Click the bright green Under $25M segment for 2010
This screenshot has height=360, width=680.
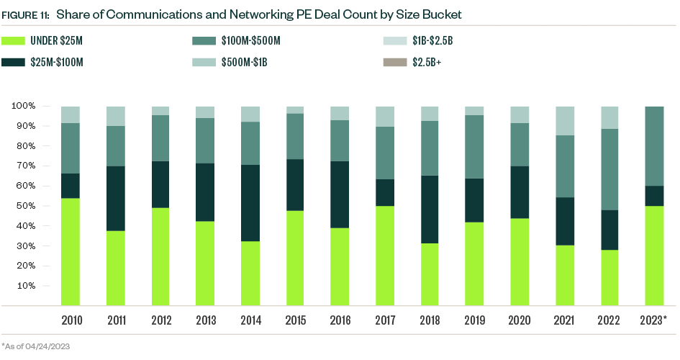tap(70, 251)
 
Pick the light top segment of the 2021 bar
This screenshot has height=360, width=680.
tap(563, 121)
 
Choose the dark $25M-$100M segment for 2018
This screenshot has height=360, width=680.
tap(430, 210)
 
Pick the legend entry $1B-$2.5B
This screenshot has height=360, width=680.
tap(432, 41)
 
